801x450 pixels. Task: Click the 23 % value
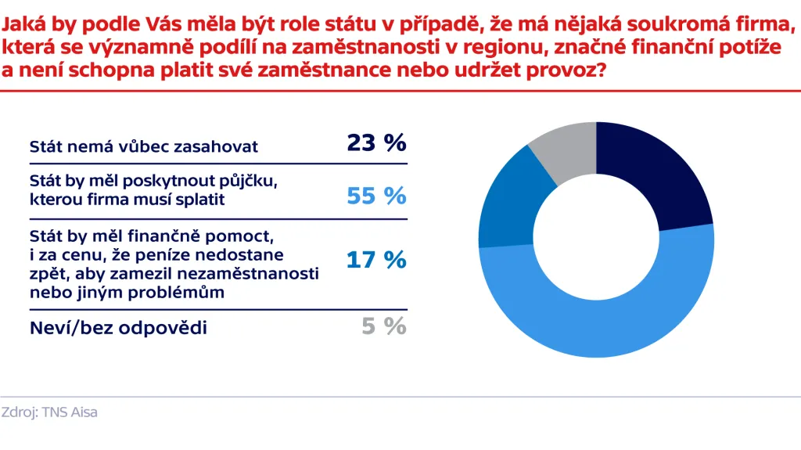(376, 143)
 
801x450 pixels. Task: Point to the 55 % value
(376, 196)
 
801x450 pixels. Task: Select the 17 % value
(376, 259)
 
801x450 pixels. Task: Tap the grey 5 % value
(384, 326)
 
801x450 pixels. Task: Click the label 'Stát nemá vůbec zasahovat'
(144, 146)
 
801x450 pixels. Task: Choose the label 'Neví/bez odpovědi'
(118, 328)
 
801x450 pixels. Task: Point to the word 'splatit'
(199, 200)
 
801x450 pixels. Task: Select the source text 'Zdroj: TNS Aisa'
(49, 412)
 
